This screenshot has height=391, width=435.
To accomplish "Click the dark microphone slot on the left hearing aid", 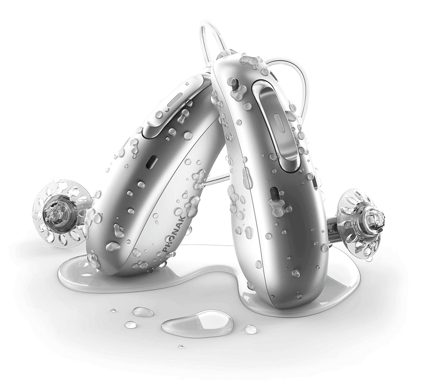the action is click(152, 162).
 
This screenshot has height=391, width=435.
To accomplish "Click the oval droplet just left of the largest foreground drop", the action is click(143, 312).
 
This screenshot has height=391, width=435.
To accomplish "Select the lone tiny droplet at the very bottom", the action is click(181, 346).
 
